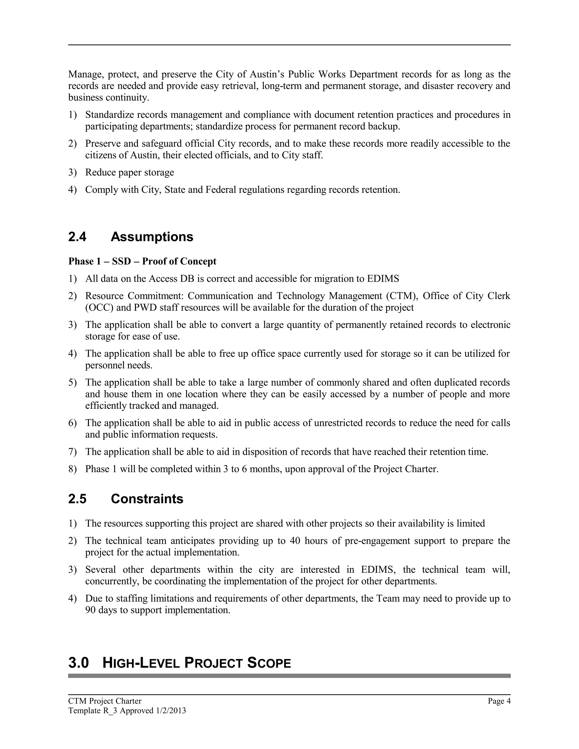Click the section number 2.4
pos(77,237)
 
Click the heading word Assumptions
pos(152,237)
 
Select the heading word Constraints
pos(147,499)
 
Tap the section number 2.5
pos(77,499)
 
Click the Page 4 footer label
pos(499,701)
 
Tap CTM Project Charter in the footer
pos(105,701)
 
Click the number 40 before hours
pos(295,541)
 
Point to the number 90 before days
pos(90,610)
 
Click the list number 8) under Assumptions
pos(72,469)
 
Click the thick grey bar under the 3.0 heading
pos(289,676)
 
